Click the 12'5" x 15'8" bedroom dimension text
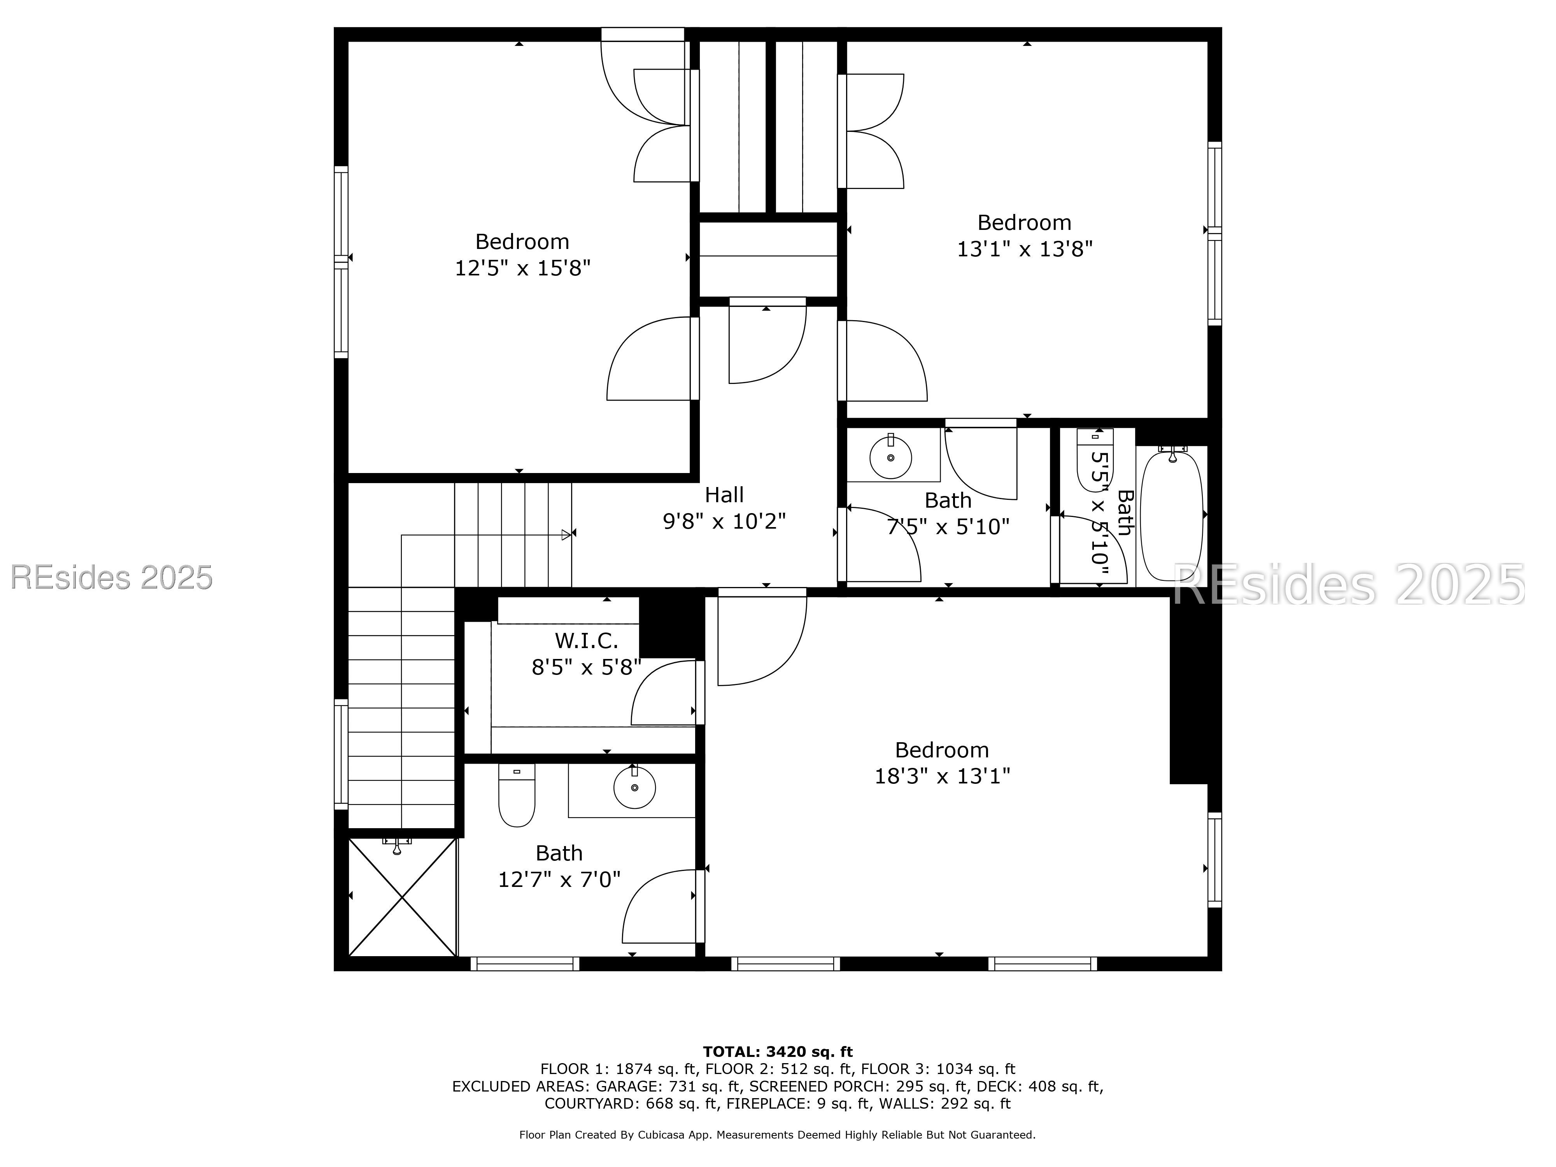(522, 268)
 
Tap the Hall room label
(724, 495)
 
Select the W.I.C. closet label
(586, 641)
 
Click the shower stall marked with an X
(402, 897)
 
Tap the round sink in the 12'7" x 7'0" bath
(634, 788)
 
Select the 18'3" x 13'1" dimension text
(942, 776)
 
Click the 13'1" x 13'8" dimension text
(1024, 249)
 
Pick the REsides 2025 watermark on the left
(111, 578)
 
